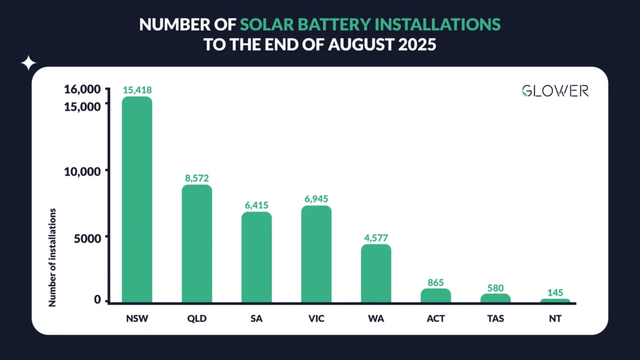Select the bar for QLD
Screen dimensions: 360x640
click(x=197, y=243)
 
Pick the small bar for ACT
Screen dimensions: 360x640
click(x=436, y=295)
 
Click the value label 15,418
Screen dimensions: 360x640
click(x=137, y=90)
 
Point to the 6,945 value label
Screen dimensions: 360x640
click(x=316, y=199)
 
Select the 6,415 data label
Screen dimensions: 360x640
click(x=256, y=205)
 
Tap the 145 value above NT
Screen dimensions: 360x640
click(x=555, y=292)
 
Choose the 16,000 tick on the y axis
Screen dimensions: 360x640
click(x=82, y=89)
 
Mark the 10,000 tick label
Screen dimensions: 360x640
click(x=82, y=171)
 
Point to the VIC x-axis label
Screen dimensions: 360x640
click(x=316, y=319)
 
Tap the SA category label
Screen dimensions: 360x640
click(x=256, y=319)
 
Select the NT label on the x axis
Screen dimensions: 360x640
click(x=555, y=319)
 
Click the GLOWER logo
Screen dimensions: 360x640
click(x=555, y=91)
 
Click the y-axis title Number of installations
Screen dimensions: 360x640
click(x=52, y=257)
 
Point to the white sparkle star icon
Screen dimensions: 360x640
click(x=29, y=63)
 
